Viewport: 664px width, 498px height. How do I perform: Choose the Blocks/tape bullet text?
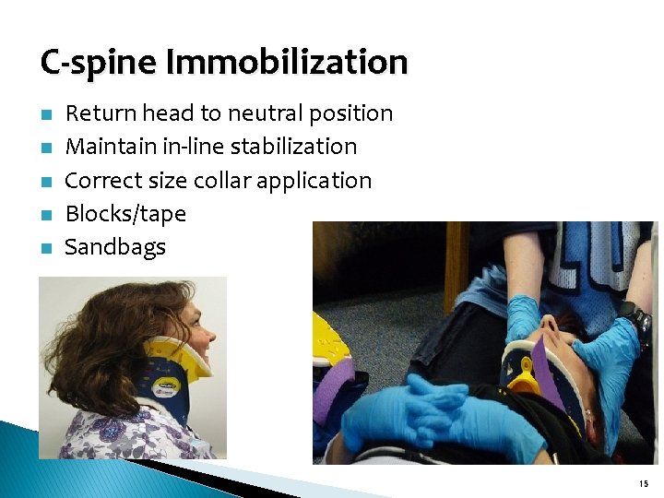click(x=125, y=214)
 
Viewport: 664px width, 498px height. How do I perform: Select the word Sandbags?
click(x=115, y=247)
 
